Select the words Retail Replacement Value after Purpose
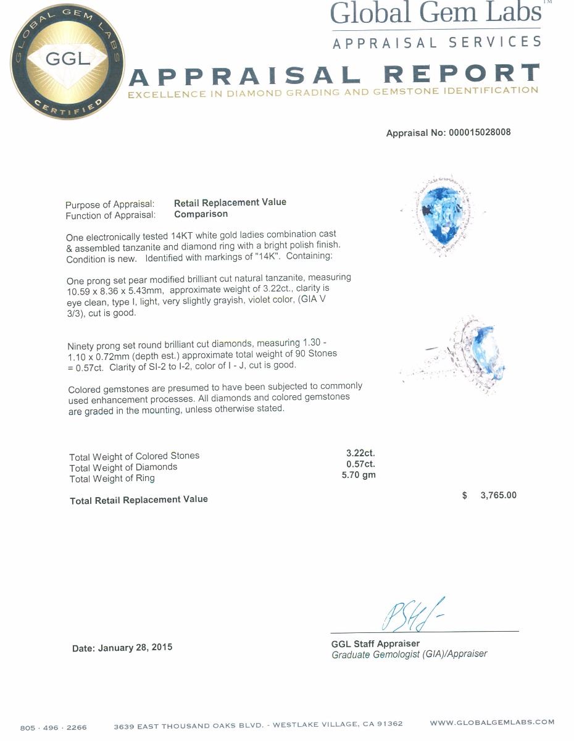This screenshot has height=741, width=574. coord(230,203)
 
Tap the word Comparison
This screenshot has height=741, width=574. coord(201,214)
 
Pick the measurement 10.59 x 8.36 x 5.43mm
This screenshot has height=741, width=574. coord(114,291)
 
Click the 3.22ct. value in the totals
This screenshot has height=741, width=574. coord(360,453)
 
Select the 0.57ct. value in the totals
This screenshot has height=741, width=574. coord(360,464)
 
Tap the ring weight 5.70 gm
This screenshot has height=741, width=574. coord(359,475)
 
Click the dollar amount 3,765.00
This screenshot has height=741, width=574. coord(498,495)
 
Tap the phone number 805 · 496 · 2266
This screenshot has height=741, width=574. coord(54,727)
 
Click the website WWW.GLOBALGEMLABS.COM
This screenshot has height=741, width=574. coord(492,722)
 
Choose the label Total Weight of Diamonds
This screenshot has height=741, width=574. coord(123,467)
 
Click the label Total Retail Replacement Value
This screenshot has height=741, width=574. coord(139,500)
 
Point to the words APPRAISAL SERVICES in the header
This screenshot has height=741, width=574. coord(436,43)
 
